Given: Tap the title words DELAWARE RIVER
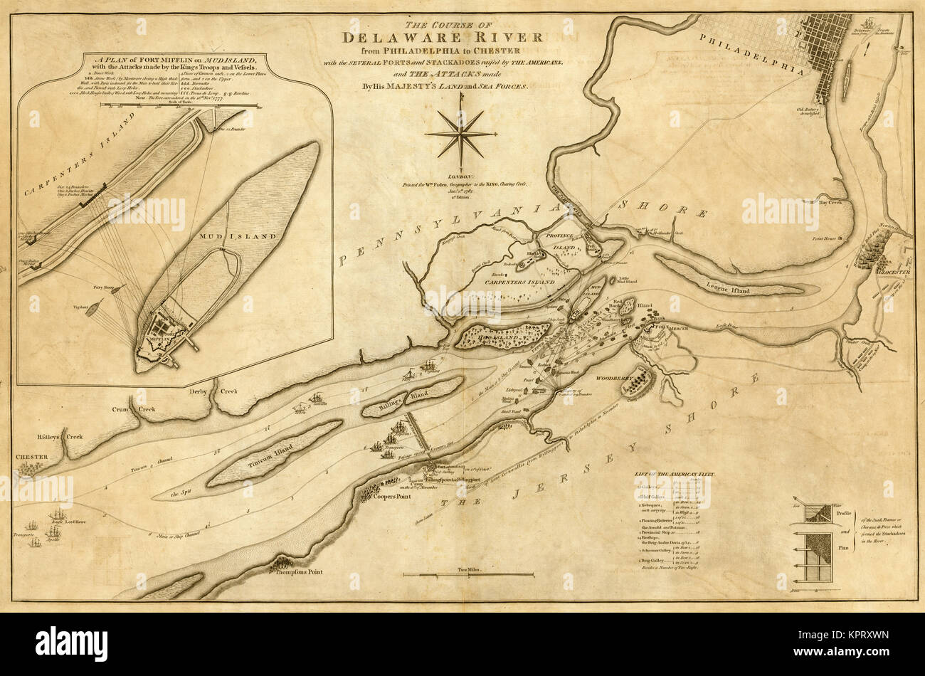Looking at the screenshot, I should (443, 38).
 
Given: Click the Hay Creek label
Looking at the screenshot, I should (830, 203).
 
